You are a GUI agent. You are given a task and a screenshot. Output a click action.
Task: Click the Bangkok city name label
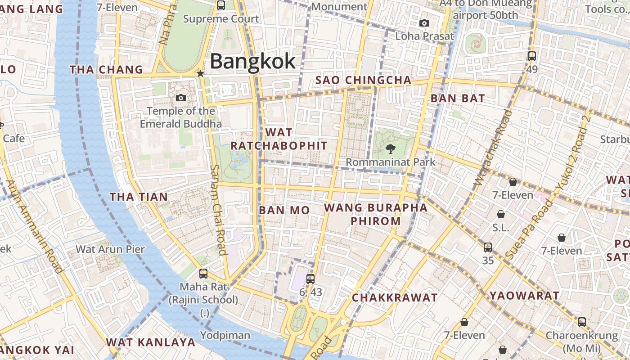pos(252,61)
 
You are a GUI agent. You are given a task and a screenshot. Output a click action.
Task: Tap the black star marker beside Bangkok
pos(201,73)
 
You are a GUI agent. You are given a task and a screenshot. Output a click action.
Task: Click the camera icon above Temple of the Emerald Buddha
pos(181,98)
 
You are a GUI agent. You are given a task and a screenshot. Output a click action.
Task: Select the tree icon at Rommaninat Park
pos(390,148)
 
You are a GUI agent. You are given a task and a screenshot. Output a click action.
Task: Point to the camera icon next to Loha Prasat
pos(424,23)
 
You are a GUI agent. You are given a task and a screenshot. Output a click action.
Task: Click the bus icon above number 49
pos(532,56)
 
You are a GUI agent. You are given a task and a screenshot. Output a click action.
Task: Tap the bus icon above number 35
pos(488,247)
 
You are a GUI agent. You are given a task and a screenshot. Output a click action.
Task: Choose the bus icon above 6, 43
pos(310,279)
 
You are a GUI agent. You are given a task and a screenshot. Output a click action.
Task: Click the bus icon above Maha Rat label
pos(203,273)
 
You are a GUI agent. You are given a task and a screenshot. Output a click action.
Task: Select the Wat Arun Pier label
pos(110,249)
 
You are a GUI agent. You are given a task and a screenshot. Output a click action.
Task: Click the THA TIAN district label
pos(139,197)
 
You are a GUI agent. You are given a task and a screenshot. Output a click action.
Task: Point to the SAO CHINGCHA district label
pos(363,80)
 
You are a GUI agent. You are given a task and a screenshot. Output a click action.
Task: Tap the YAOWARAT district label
pos(524,296)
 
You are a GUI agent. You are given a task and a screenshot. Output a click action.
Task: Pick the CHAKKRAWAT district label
pos(394,297)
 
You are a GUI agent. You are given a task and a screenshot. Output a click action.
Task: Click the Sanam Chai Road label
pos(218,209)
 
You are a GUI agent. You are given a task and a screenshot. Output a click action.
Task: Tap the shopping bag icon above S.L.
pos(501,214)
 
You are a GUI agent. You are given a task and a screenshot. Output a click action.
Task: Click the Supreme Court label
pos(221,19)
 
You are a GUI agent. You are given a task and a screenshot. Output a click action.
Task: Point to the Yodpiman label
pos(225,335)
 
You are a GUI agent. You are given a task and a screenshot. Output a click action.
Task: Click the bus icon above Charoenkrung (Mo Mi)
pos(582,322)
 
